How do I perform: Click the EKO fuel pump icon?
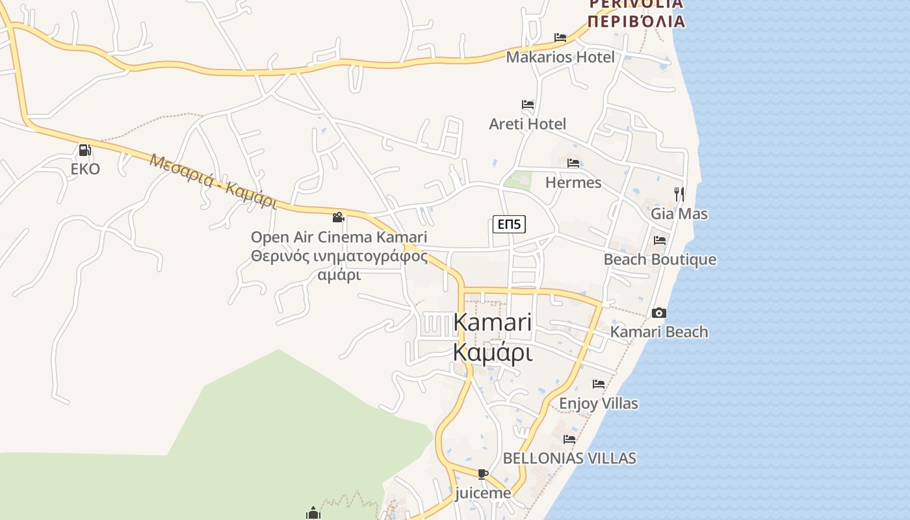coord(84,150)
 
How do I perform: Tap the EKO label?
coord(85,169)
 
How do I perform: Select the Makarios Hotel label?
coord(560,57)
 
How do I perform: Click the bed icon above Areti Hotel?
coord(528,104)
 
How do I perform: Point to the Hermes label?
coord(573,182)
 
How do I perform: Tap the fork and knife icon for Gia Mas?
coord(679,194)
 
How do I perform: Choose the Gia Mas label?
coord(679,213)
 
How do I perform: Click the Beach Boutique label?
coord(660,259)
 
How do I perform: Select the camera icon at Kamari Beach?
coord(658,313)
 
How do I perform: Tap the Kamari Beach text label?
coord(658,331)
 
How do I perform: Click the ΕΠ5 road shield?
coord(509,224)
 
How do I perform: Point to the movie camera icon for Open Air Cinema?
coord(338,217)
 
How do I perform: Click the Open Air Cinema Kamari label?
coord(339,237)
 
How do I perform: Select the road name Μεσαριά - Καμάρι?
coord(213,181)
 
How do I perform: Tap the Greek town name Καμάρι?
coord(492,352)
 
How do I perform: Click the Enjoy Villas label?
coord(598,403)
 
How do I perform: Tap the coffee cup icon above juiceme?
coord(482,474)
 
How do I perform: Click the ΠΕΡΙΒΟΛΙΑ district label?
coord(636,21)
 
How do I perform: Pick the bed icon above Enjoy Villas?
coord(599,384)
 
